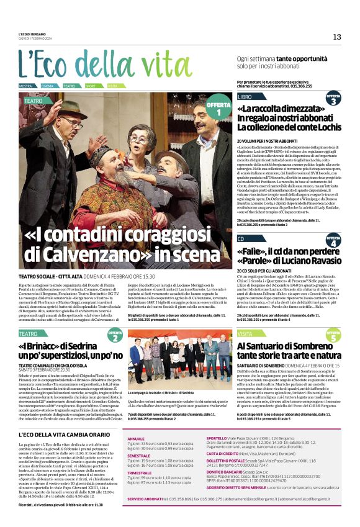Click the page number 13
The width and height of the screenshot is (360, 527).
(337, 37)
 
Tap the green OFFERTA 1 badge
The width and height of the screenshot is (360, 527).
(218, 108)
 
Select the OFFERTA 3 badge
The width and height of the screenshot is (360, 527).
(334, 99)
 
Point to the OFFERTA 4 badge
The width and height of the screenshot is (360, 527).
(334, 241)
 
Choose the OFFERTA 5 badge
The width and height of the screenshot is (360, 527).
(334, 336)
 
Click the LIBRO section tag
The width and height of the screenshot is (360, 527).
(245, 97)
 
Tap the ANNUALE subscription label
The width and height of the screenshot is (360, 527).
(136, 438)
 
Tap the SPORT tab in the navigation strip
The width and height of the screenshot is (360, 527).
(91, 85)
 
